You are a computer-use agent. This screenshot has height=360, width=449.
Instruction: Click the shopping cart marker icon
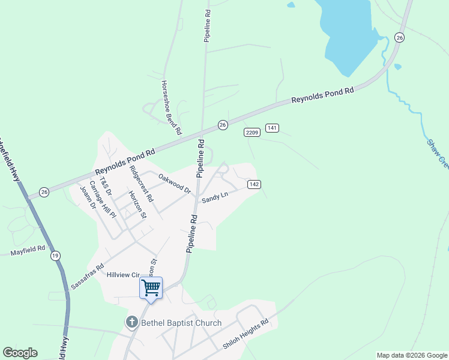coord(151,287)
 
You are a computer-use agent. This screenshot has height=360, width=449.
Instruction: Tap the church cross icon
coord(131,323)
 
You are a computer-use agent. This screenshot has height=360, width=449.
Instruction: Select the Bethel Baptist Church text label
coord(181,323)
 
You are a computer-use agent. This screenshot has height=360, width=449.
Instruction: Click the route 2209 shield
coord(252,132)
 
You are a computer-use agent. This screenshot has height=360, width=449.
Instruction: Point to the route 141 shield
coord(273,128)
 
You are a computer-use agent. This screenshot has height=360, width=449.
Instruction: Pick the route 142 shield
coord(254,184)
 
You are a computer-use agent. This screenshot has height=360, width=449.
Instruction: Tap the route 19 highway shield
coord(56,256)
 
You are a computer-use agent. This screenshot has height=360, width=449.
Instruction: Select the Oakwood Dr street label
coord(174,183)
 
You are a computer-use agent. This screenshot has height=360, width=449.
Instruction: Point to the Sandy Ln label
coord(215,197)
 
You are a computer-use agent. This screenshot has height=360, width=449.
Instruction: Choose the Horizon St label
coord(137,205)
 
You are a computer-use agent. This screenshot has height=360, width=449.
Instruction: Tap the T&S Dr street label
coord(106,185)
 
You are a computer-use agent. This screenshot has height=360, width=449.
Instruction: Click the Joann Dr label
coord(88,196)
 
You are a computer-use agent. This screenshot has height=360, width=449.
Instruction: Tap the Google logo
coord(20,353)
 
